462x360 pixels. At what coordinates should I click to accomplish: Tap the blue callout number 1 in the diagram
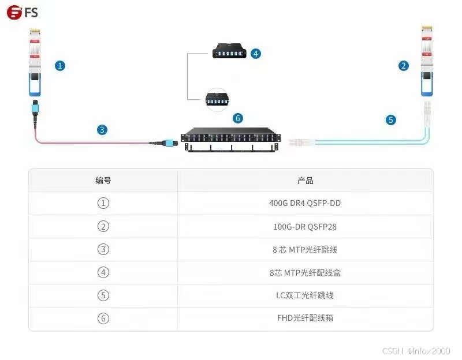coord(60,66)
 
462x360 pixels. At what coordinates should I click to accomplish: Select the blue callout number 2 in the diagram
coord(404,66)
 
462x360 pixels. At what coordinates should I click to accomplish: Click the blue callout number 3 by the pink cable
coord(102,130)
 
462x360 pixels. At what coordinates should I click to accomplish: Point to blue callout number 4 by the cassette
coord(256,54)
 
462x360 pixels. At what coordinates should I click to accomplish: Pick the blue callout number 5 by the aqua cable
coord(392,120)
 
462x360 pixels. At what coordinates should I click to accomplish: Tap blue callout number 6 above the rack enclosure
coord(238,118)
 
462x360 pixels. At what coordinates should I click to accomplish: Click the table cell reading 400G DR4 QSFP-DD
coord(305,203)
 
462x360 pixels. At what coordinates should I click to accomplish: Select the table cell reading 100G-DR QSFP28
coord(305,226)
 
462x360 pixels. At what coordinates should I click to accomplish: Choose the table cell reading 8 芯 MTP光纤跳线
coord(305,249)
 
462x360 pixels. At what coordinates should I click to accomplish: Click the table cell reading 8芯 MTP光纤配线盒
coord(305,272)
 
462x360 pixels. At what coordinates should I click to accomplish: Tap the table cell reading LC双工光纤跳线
coord(305,295)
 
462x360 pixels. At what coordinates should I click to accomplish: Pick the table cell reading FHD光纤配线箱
coord(305,318)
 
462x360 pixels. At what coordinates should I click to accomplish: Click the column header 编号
coord(103,181)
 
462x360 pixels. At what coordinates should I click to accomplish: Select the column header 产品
coord(305,181)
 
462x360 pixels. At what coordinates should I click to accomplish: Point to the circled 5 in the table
coord(103,295)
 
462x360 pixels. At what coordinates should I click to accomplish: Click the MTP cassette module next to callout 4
coord(229,50)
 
